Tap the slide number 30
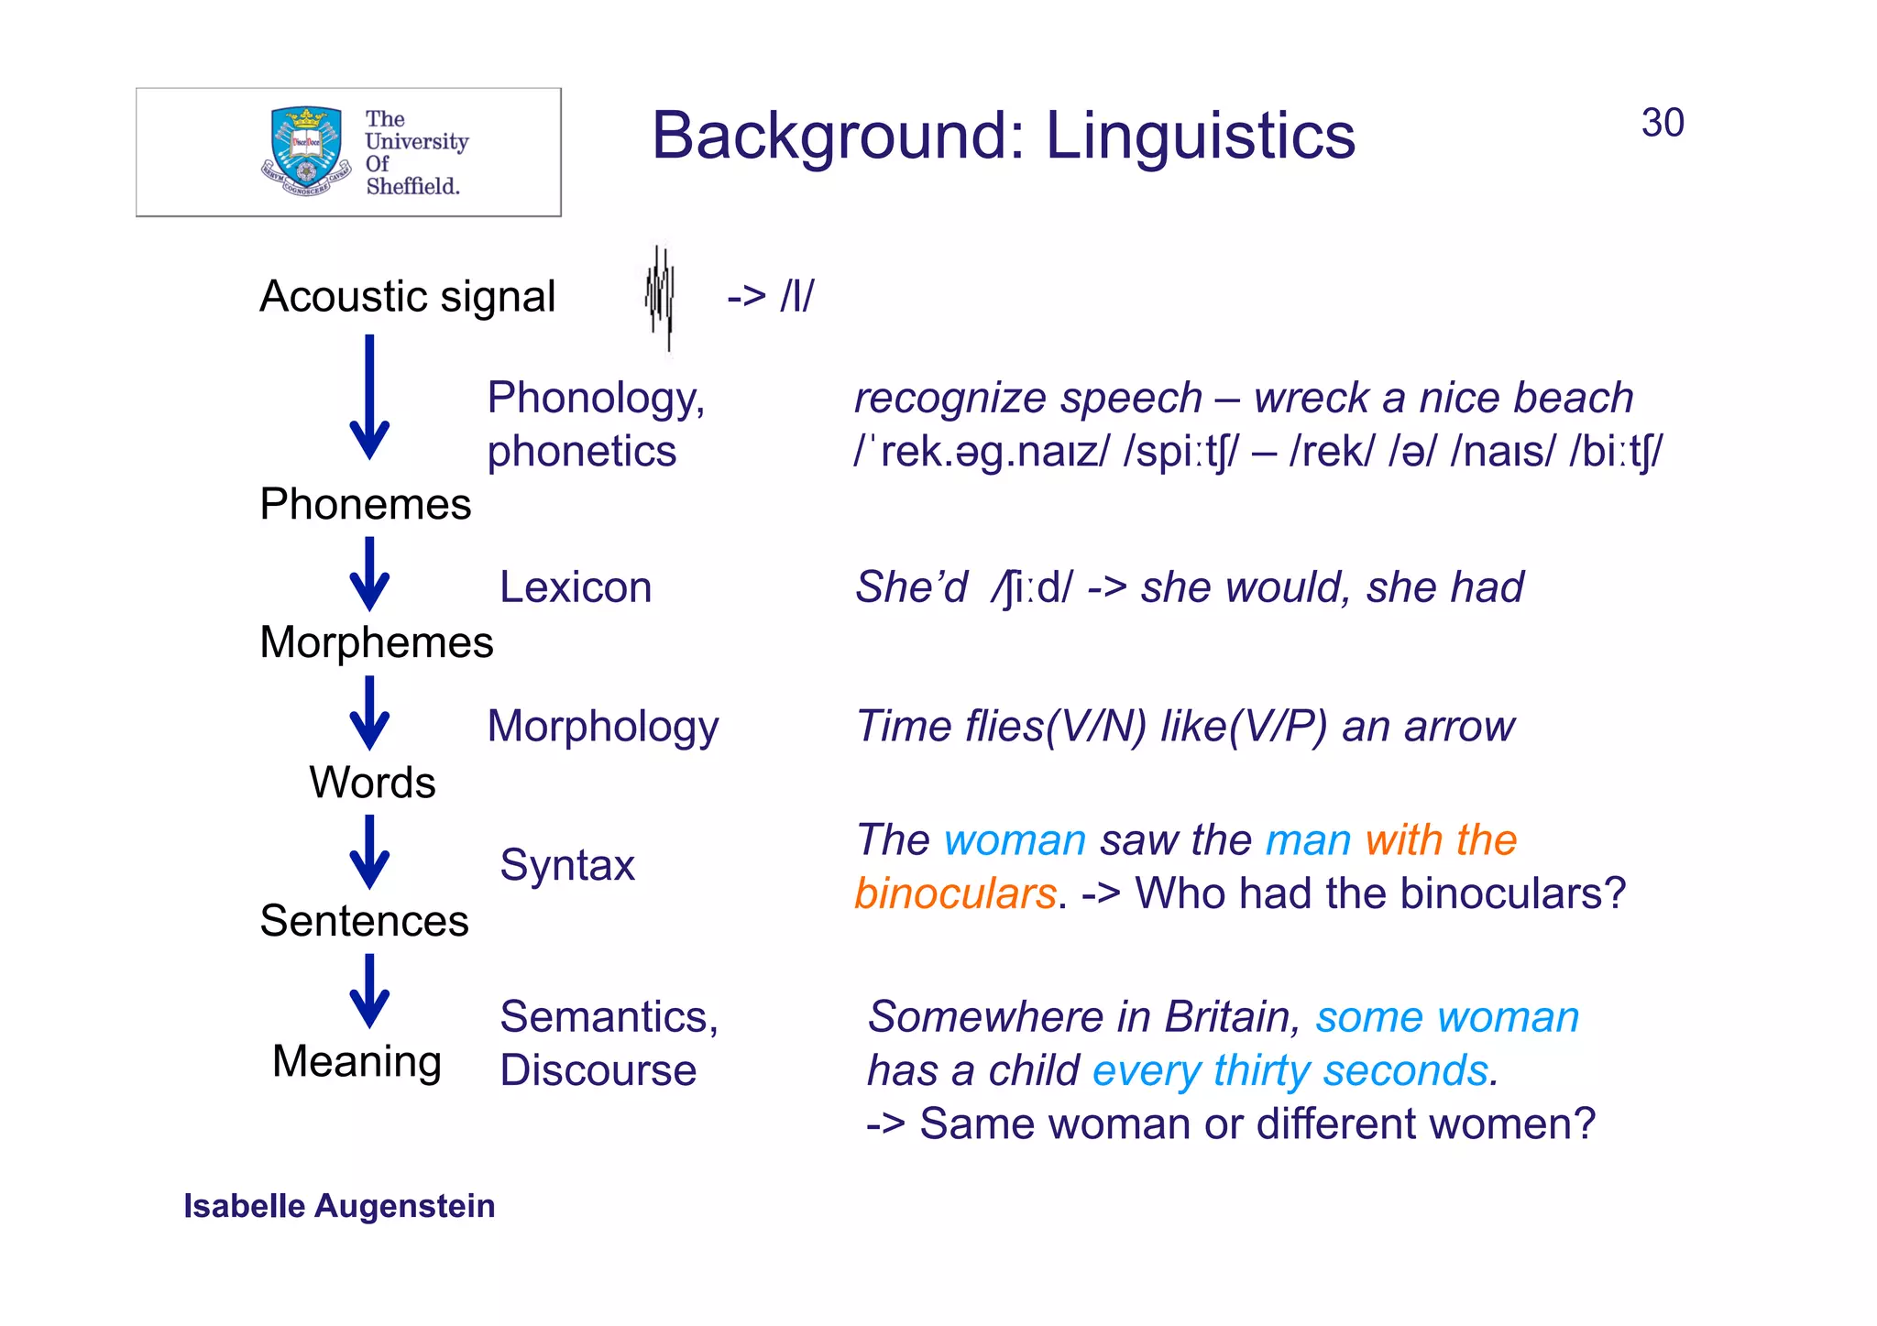point(1662,123)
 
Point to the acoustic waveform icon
point(660,297)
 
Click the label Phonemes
point(365,504)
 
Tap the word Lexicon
point(575,586)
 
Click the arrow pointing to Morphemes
point(369,575)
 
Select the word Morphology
point(602,726)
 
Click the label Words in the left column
point(372,782)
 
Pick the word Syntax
point(566,865)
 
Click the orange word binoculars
point(954,893)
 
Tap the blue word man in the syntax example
point(1308,840)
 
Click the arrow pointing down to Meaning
point(369,992)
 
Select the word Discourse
point(598,1070)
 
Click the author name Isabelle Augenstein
point(339,1206)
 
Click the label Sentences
point(364,921)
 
